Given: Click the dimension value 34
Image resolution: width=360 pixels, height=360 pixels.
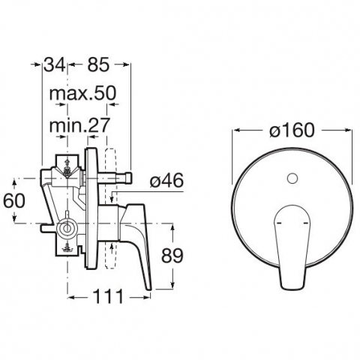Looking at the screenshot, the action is click(55, 64).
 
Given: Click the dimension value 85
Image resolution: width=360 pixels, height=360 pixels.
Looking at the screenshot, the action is click(98, 64).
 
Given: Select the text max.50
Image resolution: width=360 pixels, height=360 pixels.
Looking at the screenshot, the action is click(82, 93).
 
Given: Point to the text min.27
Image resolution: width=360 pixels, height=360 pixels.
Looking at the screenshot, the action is click(79, 125).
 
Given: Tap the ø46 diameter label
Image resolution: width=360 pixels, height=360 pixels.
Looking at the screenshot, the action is click(166, 181).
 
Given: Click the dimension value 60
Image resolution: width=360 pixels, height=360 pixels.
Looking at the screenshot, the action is click(14, 200).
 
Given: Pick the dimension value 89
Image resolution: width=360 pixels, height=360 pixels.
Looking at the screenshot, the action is click(172, 256).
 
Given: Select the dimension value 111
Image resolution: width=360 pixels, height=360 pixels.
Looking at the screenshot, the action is click(108, 296).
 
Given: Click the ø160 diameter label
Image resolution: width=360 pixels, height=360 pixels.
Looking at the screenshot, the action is click(292, 130).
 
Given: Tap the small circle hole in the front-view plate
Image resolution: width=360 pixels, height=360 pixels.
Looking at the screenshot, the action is click(292, 178).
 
